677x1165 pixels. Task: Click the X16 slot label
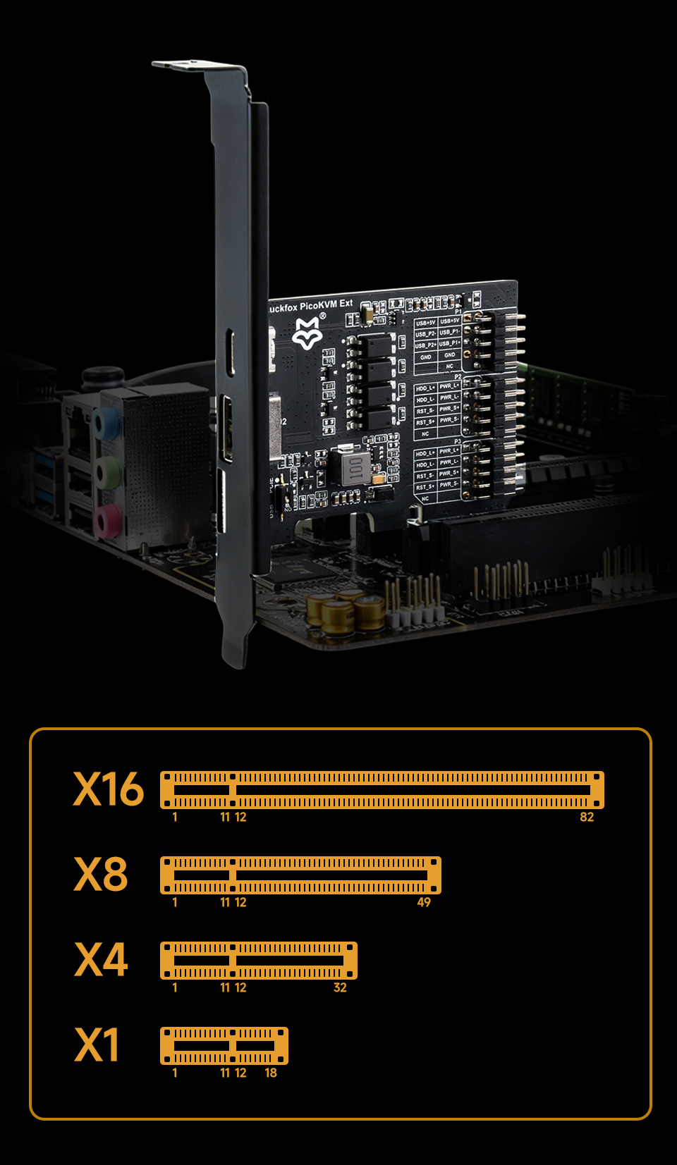click(x=108, y=789)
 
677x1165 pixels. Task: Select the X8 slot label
click(x=101, y=874)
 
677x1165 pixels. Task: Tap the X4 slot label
click(x=101, y=959)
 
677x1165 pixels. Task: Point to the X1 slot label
click(x=97, y=1044)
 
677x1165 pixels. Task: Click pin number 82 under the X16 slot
click(x=587, y=818)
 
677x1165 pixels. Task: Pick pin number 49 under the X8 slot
click(x=424, y=903)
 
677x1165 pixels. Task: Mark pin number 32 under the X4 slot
click(x=340, y=988)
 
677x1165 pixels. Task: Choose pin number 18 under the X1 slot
click(x=271, y=1073)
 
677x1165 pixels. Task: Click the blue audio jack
click(x=107, y=424)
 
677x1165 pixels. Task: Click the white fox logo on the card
click(x=307, y=333)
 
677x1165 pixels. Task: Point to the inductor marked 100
click(x=355, y=467)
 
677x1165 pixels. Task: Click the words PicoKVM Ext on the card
click(x=326, y=305)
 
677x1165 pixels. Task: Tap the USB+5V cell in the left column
click(x=425, y=323)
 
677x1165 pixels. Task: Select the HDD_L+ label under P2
click(x=425, y=388)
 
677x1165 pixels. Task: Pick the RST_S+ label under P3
click(x=425, y=487)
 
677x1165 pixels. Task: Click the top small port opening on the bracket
click(x=231, y=352)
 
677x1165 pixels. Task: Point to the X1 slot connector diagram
click(x=224, y=1046)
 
